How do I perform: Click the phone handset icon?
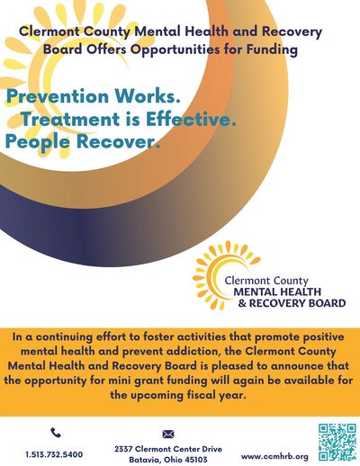(x=56, y=433)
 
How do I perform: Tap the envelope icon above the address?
(x=168, y=434)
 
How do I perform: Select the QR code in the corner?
(x=337, y=442)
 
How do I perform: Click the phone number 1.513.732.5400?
(x=54, y=454)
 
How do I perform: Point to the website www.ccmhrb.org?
(x=274, y=457)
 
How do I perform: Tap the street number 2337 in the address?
(x=123, y=449)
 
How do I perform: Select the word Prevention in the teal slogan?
(x=58, y=96)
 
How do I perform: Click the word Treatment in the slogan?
(x=71, y=119)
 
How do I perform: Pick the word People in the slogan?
(x=38, y=142)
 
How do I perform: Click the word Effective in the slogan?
(x=191, y=119)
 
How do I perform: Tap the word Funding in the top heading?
(x=272, y=49)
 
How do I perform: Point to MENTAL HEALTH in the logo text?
(x=277, y=291)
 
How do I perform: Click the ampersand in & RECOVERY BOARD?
(x=242, y=303)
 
